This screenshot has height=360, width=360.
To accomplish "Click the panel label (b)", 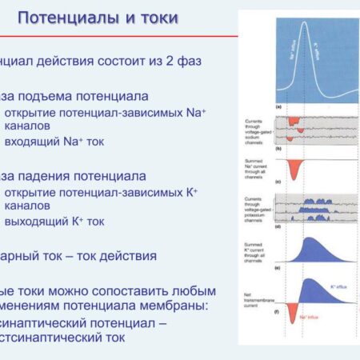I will [x=278, y=149].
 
